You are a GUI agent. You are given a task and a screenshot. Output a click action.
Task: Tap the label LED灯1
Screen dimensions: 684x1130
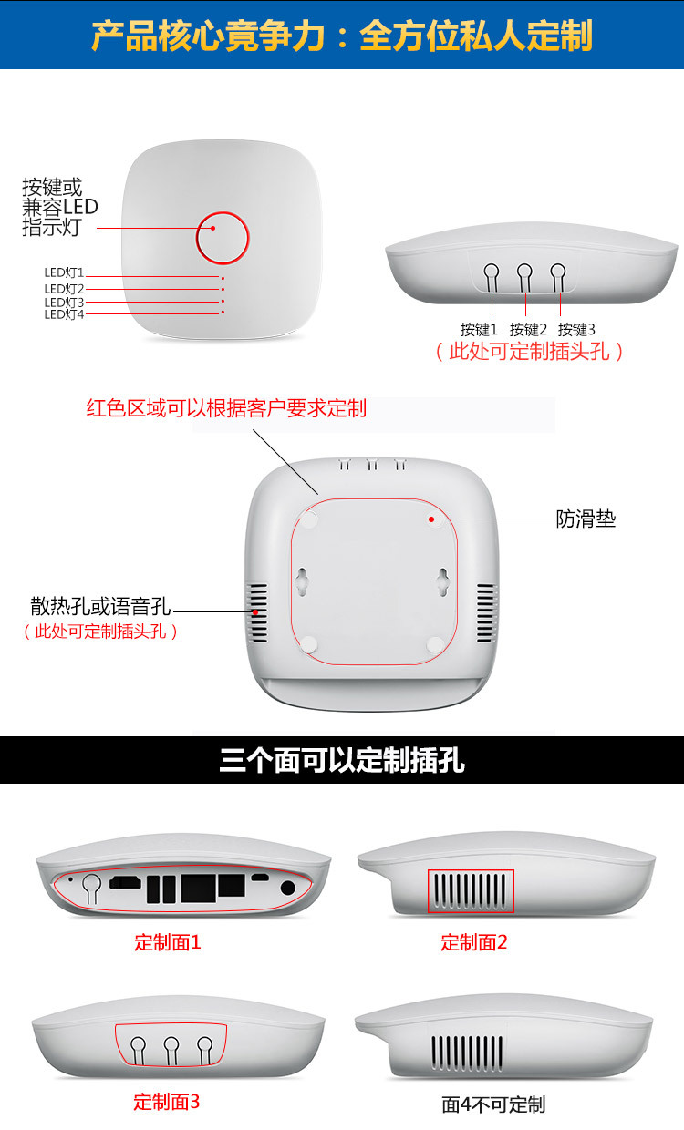(x=64, y=272)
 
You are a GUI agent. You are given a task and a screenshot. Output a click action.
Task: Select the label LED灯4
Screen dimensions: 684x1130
(x=64, y=314)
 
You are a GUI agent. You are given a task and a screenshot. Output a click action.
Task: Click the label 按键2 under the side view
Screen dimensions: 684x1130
(x=528, y=329)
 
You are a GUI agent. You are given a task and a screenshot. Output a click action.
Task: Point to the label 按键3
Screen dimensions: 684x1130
(x=576, y=329)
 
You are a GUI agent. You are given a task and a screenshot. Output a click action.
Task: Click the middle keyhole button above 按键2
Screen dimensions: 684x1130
(x=525, y=277)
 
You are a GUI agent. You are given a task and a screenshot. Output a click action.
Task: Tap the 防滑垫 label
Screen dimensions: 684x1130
(x=586, y=519)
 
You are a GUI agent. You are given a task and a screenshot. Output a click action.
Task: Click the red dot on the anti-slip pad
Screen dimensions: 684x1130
(x=431, y=519)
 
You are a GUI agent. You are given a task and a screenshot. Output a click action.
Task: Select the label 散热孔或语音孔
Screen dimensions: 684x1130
(x=100, y=606)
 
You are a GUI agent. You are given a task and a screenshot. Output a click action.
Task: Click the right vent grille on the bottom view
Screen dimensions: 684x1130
(x=487, y=613)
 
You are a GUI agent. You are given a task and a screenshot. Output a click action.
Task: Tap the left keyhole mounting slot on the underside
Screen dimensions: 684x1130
(x=302, y=581)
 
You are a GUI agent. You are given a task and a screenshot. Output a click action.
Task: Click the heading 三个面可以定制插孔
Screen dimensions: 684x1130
(x=342, y=760)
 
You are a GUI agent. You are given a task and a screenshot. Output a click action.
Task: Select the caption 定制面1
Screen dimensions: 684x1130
(x=168, y=942)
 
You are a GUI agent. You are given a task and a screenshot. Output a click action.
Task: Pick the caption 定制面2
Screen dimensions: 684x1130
(x=473, y=942)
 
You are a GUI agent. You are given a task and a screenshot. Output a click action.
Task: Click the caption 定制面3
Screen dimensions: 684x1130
(x=167, y=1103)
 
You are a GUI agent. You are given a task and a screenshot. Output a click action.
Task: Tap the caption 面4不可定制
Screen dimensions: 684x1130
(x=493, y=1104)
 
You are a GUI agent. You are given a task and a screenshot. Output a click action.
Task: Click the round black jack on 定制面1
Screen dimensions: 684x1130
(x=287, y=888)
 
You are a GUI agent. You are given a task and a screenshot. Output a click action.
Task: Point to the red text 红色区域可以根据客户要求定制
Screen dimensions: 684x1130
(x=226, y=407)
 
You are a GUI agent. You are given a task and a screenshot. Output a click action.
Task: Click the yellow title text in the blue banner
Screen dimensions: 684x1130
(x=342, y=36)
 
